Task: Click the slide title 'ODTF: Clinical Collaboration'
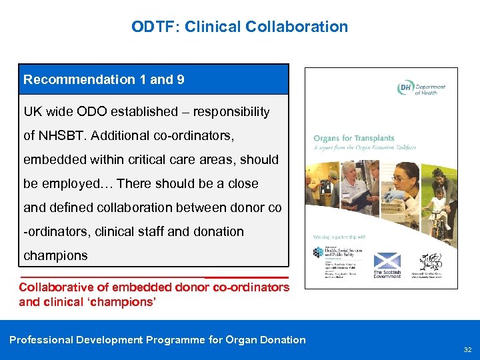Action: coord(239,27)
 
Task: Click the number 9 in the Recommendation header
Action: coord(181,79)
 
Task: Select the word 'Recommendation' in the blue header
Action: coord(79,79)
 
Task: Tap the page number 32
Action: coord(467,349)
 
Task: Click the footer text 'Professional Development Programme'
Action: coord(107,340)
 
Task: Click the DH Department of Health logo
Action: coord(421,89)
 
